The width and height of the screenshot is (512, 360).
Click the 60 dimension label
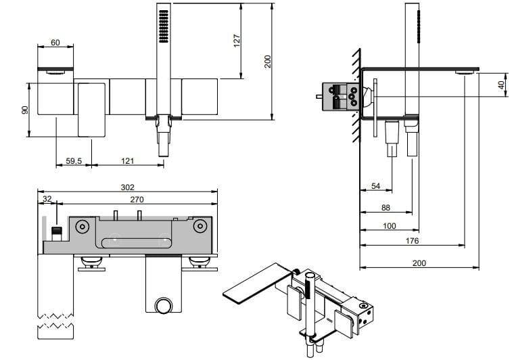55,43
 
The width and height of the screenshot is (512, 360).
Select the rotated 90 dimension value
25,110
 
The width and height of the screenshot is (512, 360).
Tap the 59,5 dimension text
74,161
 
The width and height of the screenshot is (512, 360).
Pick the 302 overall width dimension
128,187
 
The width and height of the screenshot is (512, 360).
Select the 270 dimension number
137,200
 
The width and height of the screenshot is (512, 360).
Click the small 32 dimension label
47,200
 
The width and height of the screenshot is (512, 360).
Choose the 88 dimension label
386,208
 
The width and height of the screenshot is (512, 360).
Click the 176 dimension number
412,240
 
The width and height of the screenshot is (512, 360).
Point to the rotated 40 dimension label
501,86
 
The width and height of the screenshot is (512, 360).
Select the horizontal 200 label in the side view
419,263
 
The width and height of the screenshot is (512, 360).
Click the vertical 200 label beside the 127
266,61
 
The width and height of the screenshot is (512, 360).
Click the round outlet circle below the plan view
162,305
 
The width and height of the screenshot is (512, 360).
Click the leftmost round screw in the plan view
83,227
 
